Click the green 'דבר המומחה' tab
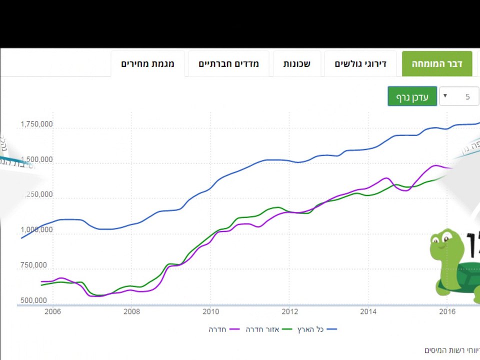(x=437, y=64)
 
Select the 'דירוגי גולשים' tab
(x=360, y=64)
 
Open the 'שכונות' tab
(x=296, y=64)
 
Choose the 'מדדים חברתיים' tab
(x=228, y=64)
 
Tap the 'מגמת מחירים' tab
(x=147, y=64)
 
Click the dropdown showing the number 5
(x=458, y=96)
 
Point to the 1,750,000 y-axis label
(x=36, y=124)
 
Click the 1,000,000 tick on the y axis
(x=36, y=230)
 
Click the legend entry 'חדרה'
(x=218, y=329)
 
